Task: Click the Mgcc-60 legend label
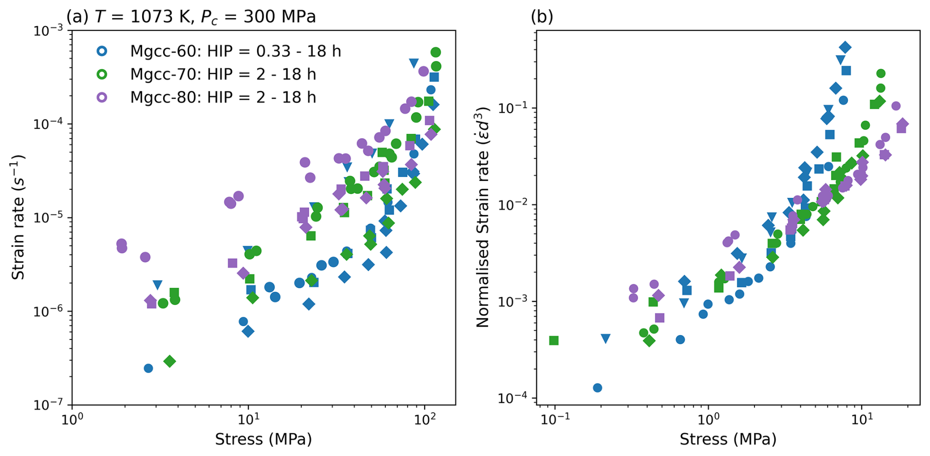point(235,51)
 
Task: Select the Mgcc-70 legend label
point(223,74)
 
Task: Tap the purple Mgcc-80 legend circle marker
point(102,97)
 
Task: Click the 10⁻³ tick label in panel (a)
point(49,30)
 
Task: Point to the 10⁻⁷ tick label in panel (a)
point(49,405)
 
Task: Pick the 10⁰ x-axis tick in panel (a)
point(72,418)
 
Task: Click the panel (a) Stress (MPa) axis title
point(263,439)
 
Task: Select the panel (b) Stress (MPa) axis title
point(728,439)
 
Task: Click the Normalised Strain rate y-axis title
point(483,216)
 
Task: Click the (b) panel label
point(542,17)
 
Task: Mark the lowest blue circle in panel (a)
point(148,368)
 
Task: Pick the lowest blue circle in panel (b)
point(598,388)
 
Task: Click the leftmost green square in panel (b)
point(554,340)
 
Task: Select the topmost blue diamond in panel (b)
point(845,48)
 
